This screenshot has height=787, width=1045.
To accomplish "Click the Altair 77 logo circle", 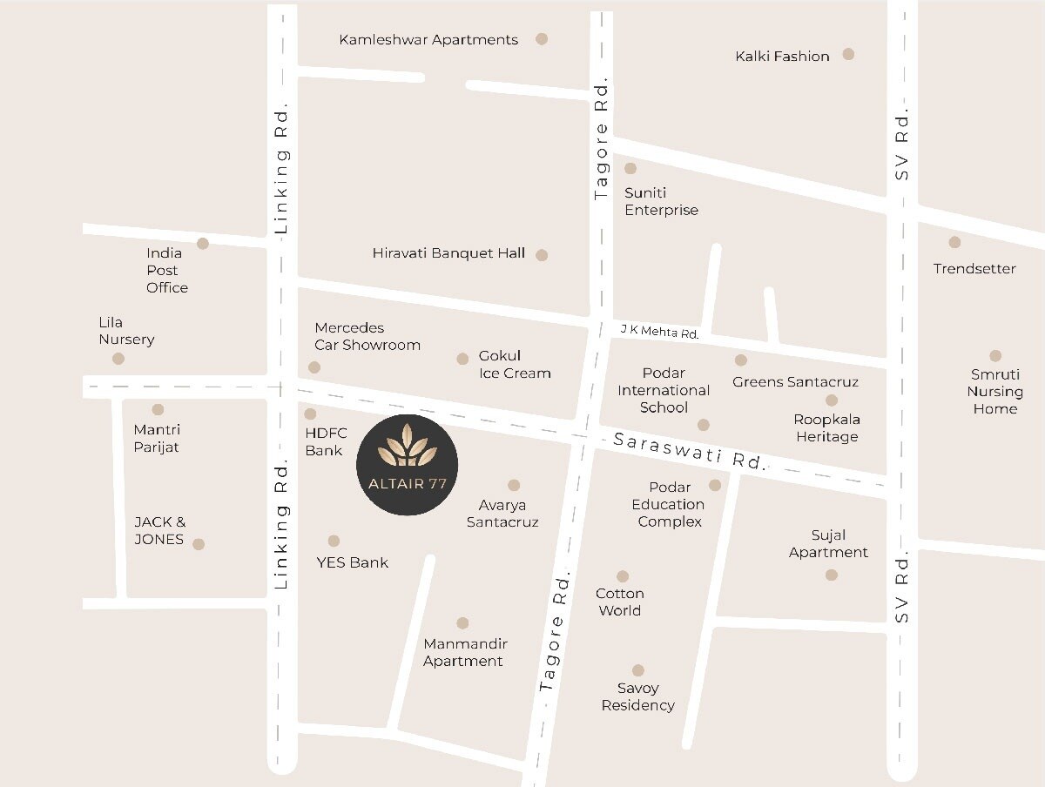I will click(408, 465).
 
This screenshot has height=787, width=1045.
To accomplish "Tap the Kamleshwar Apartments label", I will click(428, 40).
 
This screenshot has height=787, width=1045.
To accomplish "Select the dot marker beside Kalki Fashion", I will click(848, 54).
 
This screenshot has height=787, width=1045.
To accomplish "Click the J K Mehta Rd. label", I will click(659, 332).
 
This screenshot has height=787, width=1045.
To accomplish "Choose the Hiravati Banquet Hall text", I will click(448, 253).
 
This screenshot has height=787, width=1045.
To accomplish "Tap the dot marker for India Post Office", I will click(203, 244).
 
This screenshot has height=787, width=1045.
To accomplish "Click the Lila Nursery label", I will click(126, 331).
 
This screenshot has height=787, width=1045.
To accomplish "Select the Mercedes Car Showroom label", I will click(367, 336).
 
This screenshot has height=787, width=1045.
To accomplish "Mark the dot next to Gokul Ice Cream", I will click(462, 359).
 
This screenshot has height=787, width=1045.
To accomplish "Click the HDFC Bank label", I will click(326, 441).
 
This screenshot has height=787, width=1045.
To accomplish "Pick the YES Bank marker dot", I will click(334, 541).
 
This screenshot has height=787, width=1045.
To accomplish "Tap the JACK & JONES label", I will click(159, 531).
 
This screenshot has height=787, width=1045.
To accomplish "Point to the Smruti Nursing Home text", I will click(994, 392).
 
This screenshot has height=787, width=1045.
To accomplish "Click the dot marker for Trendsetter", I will click(954, 242).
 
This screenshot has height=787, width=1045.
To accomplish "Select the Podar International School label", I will click(664, 390).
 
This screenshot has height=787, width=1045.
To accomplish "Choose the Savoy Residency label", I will click(637, 696).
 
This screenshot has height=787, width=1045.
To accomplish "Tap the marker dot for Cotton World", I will click(623, 576).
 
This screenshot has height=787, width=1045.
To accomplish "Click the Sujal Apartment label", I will click(828, 544).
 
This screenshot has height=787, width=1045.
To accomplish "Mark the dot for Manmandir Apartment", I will click(462, 623).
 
